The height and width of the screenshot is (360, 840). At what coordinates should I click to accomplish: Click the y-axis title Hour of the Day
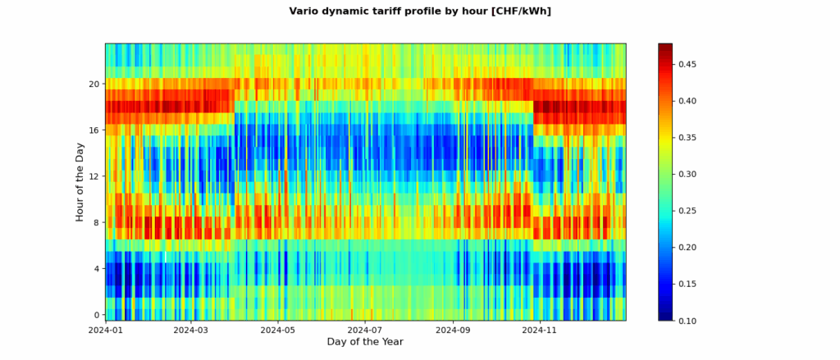tap(80, 181)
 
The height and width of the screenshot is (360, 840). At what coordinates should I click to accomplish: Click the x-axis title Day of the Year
tap(365, 341)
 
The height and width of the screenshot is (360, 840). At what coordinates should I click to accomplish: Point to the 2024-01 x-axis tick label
tap(105, 330)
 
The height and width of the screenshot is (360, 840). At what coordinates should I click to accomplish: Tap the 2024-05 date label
tap(278, 330)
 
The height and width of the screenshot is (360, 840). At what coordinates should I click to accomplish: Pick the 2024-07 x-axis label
tap(365, 330)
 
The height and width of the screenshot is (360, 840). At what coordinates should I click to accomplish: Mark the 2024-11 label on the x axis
tap(541, 330)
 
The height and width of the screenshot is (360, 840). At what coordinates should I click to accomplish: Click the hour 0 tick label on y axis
tap(96, 315)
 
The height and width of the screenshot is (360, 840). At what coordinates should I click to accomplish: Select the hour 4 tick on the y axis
tap(96, 269)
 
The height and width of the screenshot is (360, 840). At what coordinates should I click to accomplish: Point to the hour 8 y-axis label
tap(96, 222)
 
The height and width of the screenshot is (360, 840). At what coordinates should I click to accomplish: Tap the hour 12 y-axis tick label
tap(94, 176)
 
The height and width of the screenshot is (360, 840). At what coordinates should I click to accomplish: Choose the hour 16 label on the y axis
tap(94, 130)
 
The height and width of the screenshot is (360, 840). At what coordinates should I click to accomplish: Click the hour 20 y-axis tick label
tap(94, 84)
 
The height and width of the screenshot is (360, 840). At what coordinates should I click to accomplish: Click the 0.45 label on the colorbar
tap(688, 65)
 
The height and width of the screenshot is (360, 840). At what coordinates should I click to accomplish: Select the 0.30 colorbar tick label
tap(688, 175)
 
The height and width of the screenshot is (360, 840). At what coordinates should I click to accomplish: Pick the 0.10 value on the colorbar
tap(688, 321)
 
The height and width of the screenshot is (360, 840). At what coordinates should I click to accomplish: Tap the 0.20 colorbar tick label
tap(688, 248)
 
